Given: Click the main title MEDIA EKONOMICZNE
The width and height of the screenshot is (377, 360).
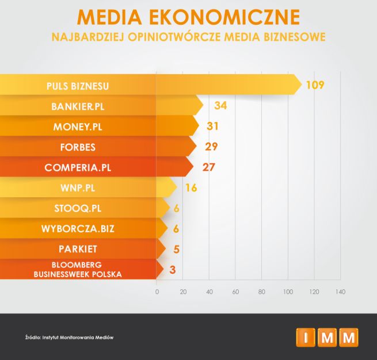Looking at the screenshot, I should click(x=188, y=17).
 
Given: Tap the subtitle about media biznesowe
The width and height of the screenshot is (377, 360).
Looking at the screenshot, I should click(x=188, y=38).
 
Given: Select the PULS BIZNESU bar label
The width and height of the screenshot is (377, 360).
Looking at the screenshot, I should click(x=78, y=86).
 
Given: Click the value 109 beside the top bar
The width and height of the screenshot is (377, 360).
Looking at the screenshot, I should click(x=315, y=85).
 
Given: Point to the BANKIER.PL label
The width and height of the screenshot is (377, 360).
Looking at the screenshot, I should click(x=78, y=107).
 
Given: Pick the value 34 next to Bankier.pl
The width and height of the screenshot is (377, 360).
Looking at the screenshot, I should click(x=220, y=106).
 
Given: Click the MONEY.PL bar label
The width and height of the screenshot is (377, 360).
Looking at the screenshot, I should click(x=78, y=127).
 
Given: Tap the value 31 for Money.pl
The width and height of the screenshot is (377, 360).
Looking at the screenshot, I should click(x=214, y=126).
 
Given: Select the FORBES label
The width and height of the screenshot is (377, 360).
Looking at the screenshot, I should click(x=78, y=147).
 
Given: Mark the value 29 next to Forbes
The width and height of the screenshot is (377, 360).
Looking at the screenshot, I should click(x=211, y=147).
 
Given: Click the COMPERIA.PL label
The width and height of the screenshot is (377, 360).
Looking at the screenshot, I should click(x=78, y=168).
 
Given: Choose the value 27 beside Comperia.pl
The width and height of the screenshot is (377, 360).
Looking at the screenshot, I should click(x=208, y=167).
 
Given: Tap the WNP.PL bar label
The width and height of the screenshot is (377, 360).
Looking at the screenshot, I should click(x=78, y=189).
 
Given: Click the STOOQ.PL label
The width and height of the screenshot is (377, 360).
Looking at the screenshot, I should click(x=78, y=209).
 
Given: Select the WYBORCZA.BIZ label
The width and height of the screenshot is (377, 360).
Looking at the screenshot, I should click(x=78, y=229).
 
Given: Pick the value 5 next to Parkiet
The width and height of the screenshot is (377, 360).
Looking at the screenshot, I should click(x=176, y=249).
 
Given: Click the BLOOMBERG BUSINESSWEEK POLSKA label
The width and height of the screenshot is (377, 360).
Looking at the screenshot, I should click(x=78, y=270).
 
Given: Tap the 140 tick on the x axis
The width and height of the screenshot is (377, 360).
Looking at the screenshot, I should click(x=340, y=292).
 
